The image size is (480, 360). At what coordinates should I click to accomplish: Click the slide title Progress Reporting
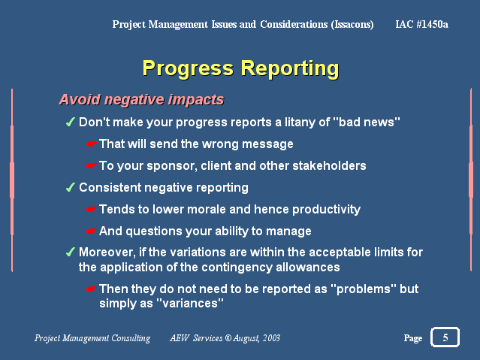point(240,68)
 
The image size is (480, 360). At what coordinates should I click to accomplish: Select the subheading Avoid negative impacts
point(141,99)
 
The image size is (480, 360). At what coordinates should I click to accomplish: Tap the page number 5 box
point(445,337)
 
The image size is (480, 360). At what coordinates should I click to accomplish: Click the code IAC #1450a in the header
point(421,24)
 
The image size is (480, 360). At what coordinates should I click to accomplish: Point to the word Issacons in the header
point(352,25)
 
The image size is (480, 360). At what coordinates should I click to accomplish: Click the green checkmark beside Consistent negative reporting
point(71,187)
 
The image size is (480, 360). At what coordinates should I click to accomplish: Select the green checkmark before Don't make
point(71,122)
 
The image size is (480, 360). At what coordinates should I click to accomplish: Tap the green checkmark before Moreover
point(71,252)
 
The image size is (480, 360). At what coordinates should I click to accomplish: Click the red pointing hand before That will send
point(91,144)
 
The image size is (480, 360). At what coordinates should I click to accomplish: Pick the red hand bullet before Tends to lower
point(91,209)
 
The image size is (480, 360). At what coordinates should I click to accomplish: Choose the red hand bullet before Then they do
point(91,289)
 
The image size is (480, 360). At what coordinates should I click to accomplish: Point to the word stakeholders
point(329,166)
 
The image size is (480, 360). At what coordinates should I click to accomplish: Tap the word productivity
point(326,210)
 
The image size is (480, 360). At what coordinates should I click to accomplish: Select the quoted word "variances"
point(190,304)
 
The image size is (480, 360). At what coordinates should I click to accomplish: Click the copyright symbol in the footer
point(228,337)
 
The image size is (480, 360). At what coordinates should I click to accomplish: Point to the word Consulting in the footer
point(131,338)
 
